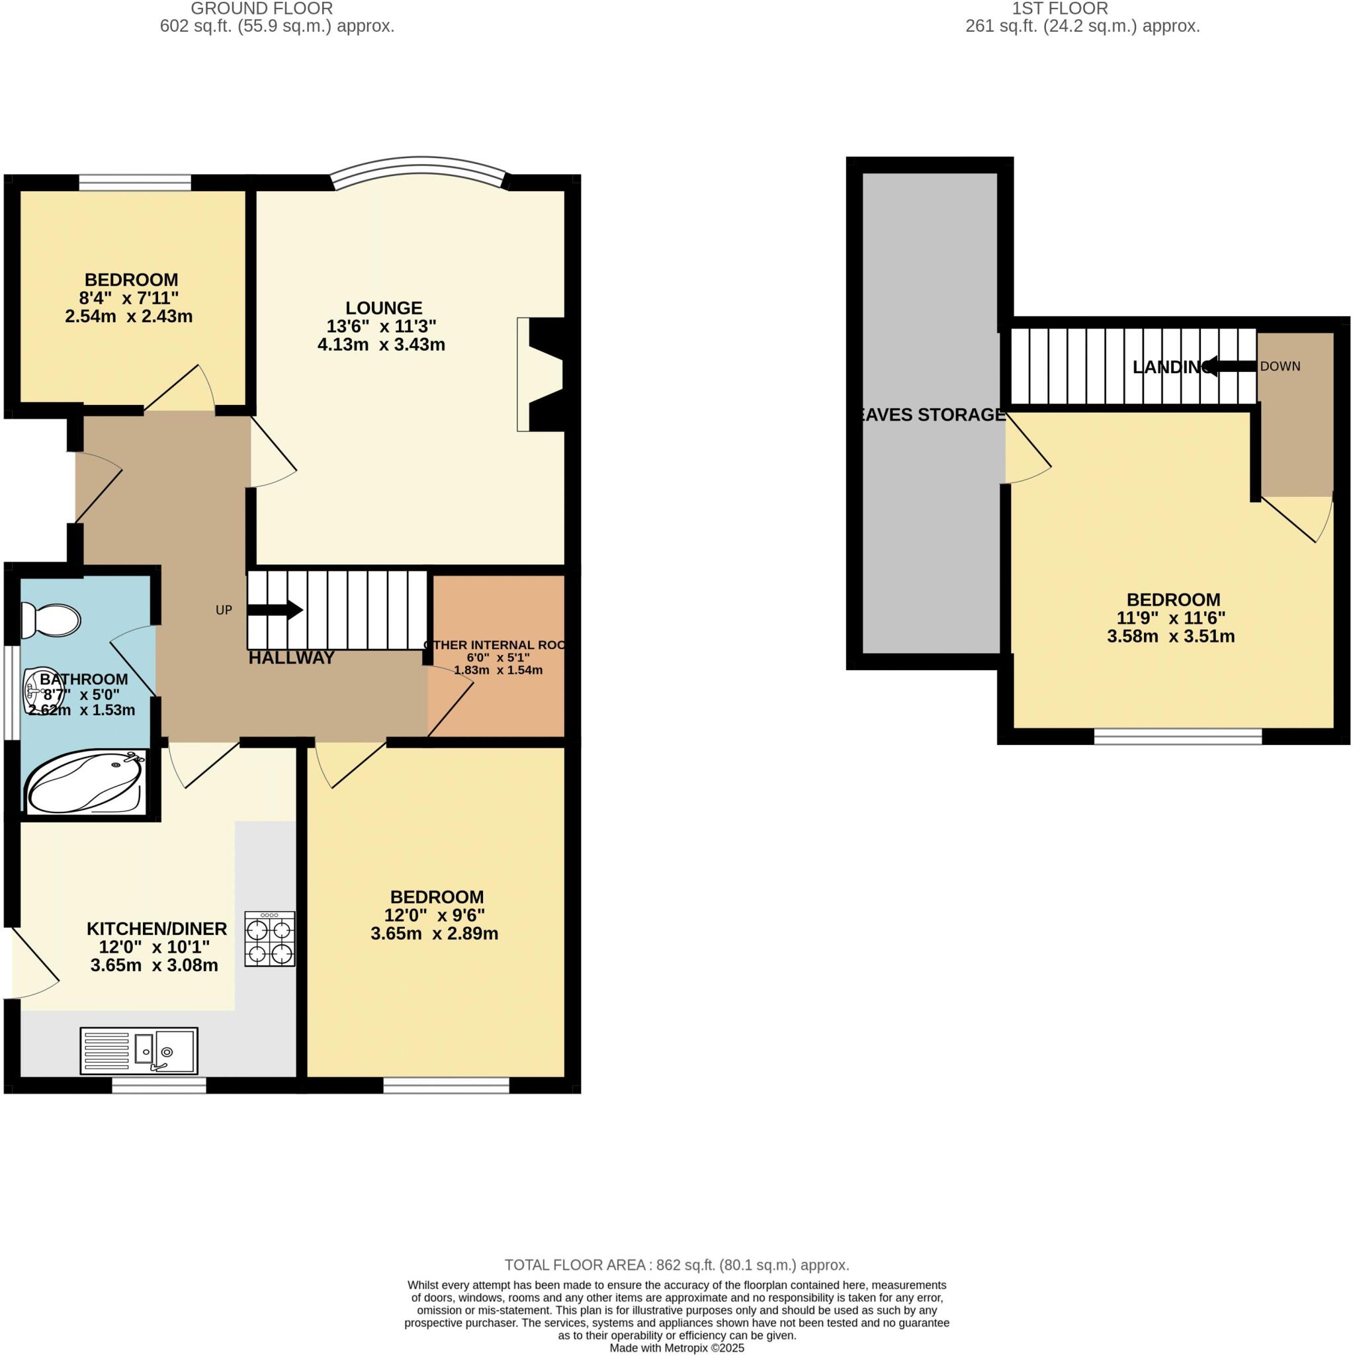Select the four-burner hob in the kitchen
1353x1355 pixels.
pyautogui.click(x=270, y=939)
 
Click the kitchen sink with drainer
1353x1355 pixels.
pyautogui.click(x=139, y=1051)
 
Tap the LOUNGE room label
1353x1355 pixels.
pyautogui.click(x=384, y=308)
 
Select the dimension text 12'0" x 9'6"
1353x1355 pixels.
pyautogui.click(x=434, y=915)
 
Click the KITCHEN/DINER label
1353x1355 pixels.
pyautogui.click(x=156, y=928)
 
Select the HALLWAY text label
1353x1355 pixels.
pyautogui.click(x=292, y=658)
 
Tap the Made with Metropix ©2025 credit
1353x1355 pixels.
pyautogui.click(x=676, y=1348)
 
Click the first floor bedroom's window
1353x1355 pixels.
pyautogui.click(x=1178, y=736)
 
